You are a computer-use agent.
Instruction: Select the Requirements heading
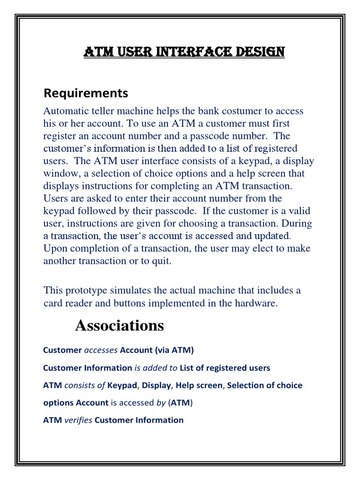[x=85, y=93]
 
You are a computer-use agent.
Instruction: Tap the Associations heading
[x=120, y=325]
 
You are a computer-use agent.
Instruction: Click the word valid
[x=299, y=211]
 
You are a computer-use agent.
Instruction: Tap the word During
[x=296, y=224]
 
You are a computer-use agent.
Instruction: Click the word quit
[x=162, y=261]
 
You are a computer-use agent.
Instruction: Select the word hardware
[x=258, y=303]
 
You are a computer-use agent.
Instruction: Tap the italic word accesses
[x=101, y=350]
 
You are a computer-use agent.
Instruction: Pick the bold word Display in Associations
[x=157, y=385]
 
